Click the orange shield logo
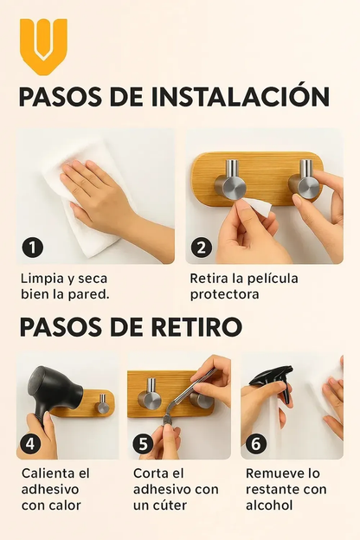pos(43,47)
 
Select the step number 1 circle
pos(32,247)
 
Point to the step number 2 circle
pos(201,247)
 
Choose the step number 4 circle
pos(30,444)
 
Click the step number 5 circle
pos(143,444)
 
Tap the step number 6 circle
pos(256,444)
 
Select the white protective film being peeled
pos(257,207)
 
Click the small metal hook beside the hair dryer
pos(102,404)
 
